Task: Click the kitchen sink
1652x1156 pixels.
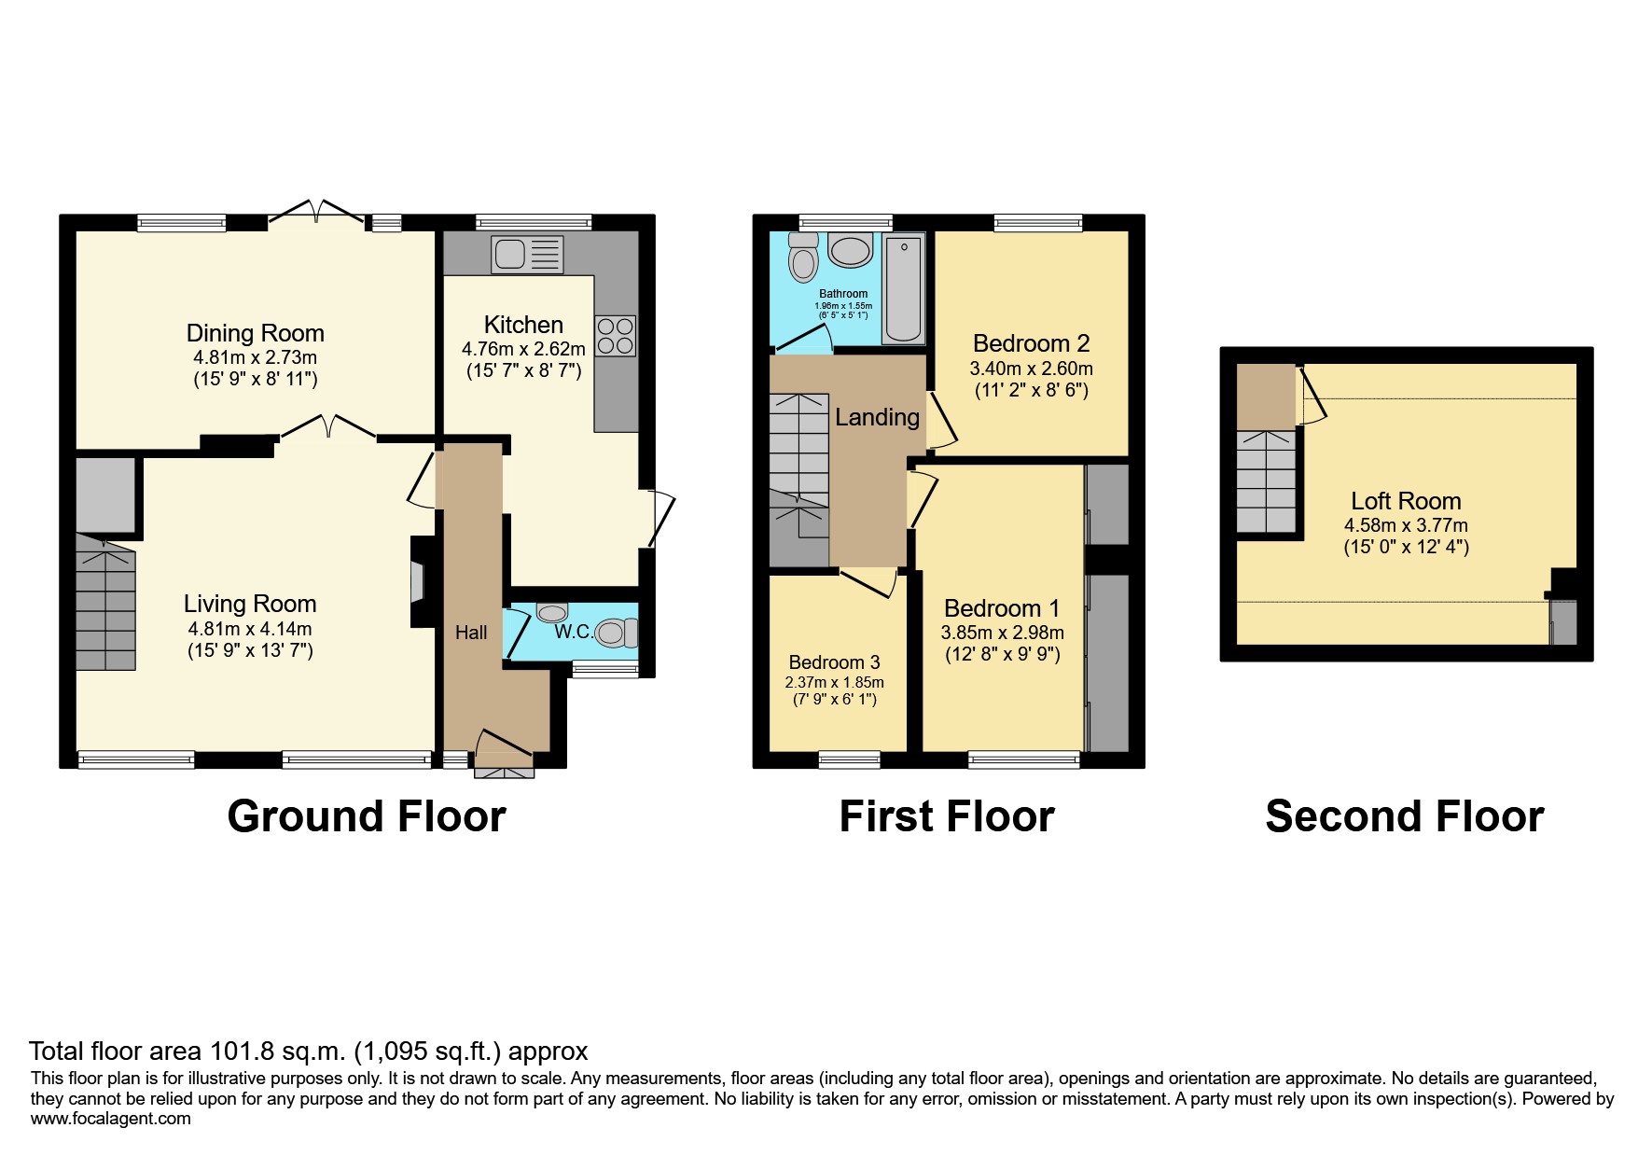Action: point(527,254)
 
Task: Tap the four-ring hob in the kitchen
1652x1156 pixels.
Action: point(615,336)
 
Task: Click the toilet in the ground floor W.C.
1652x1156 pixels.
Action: point(616,634)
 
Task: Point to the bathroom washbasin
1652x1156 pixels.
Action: point(849,251)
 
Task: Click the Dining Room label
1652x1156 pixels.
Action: point(255,333)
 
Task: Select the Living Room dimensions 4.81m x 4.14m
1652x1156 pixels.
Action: point(249,629)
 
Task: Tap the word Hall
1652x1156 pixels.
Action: point(471,633)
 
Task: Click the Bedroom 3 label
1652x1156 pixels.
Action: point(834,662)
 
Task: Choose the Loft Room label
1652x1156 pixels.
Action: point(1406,501)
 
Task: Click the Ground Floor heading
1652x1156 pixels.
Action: point(366,816)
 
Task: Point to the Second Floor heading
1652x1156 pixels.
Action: point(1404,816)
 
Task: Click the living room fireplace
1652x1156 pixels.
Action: point(417,581)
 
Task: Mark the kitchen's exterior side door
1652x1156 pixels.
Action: point(660,519)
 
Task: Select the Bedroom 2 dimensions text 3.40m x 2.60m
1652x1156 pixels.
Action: point(1031,369)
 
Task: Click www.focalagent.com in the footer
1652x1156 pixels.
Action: point(110,1119)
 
